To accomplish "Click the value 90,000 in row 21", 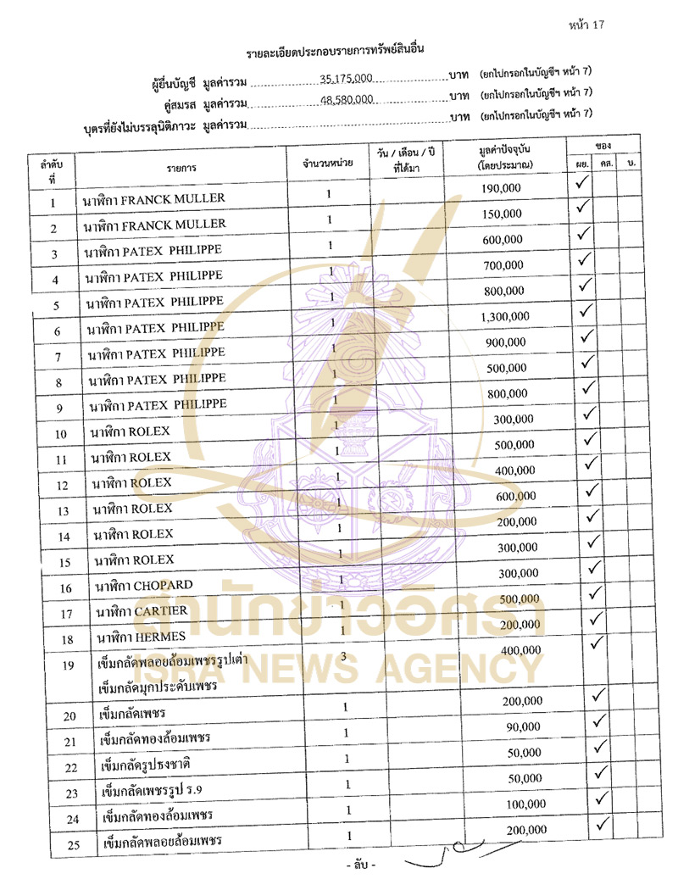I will pyautogui.click(x=522, y=727).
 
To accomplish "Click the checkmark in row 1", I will pyautogui.click(x=582, y=182).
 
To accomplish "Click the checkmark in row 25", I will pyautogui.click(x=603, y=823).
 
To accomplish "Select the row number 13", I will pyautogui.click(x=53, y=512).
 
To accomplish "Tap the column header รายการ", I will pyautogui.click(x=181, y=168).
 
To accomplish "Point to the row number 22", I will pyautogui.click(x=53, y=769).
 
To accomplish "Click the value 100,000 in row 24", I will pyautogui.click(x=526, y=803).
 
